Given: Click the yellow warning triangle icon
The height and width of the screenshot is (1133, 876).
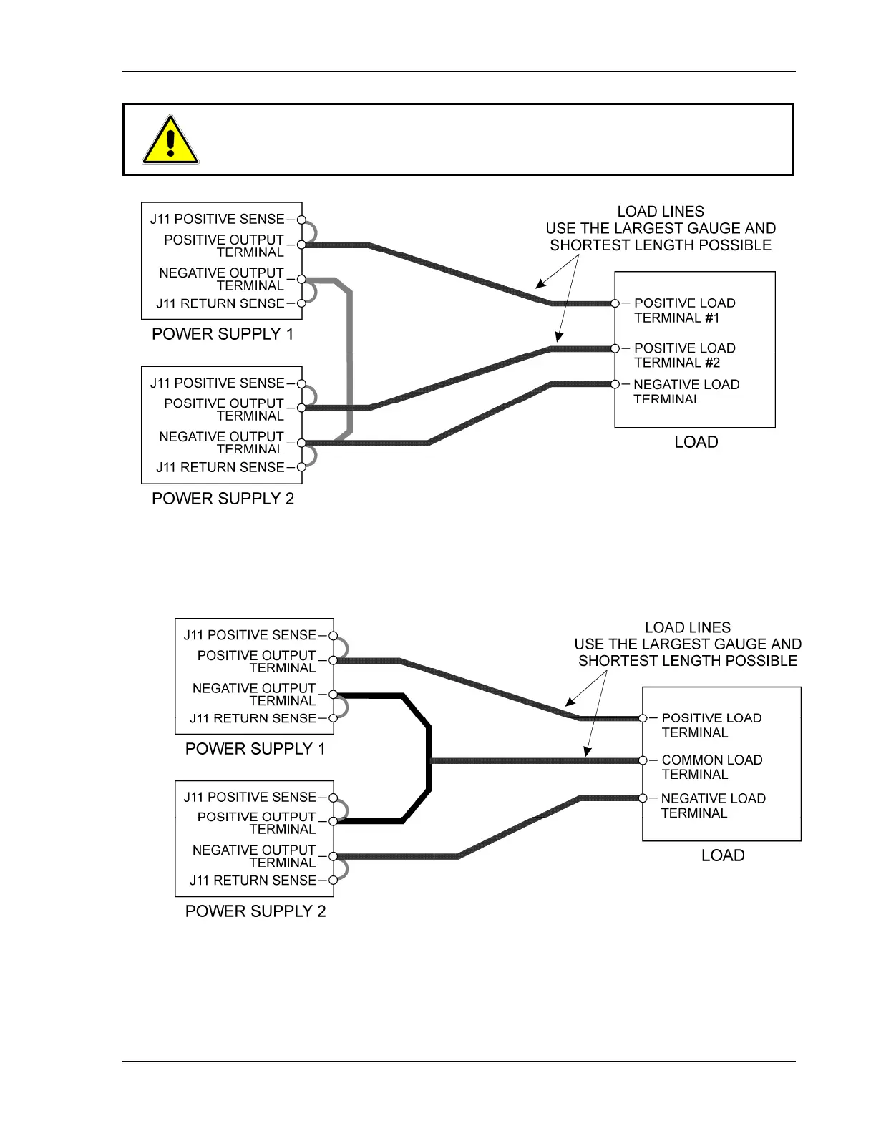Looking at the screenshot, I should (170, 141).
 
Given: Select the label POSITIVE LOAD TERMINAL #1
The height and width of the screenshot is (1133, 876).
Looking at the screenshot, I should (683, 310).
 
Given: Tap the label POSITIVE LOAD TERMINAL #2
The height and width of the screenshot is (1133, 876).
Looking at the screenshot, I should (683, 355).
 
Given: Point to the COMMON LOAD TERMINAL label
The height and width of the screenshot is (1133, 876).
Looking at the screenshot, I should (711, 767).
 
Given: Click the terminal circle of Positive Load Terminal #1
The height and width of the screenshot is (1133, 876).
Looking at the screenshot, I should (615, 303).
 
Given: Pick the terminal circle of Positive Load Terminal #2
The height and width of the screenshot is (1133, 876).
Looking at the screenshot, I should (615, 348).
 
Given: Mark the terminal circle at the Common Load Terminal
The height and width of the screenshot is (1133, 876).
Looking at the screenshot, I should (643, 760).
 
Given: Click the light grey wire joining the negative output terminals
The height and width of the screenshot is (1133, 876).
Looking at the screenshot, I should (349, 358).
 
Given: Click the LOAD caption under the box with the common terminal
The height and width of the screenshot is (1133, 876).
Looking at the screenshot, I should (722, 855).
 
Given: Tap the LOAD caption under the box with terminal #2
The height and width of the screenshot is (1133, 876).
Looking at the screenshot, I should (696, 442).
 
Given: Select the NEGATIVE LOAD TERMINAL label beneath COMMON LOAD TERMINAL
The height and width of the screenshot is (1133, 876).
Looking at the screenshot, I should (712, 805).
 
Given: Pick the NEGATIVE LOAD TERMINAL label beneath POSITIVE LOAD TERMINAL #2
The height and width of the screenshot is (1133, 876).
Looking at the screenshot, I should (686, 392).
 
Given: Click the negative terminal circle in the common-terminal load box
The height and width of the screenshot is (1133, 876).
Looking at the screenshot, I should (643, 798).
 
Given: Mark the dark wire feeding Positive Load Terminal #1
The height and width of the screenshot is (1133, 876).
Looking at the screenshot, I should (458, 273).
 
